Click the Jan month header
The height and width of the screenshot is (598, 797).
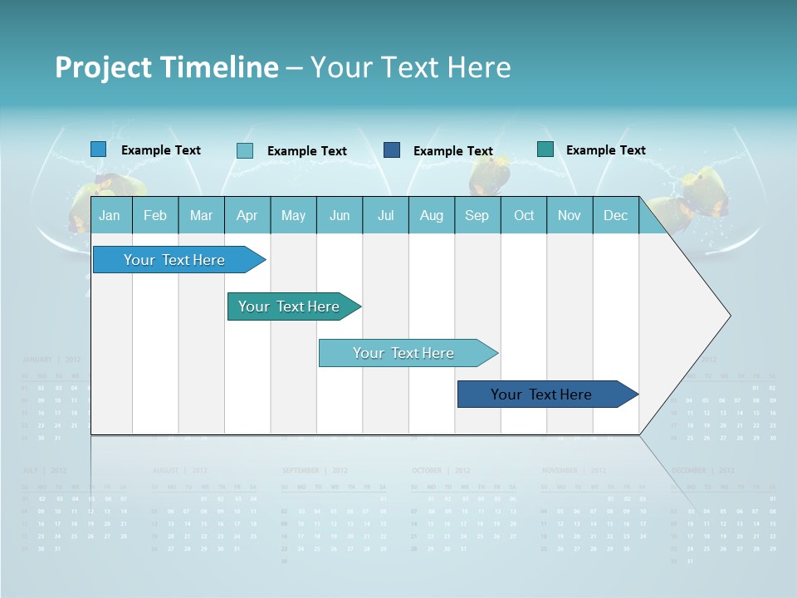click(x=110, y=216)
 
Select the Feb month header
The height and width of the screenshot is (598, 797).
click(x=155, y=216)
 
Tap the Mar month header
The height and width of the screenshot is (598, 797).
click(x=201, y=216)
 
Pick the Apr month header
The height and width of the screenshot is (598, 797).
click(x=247, y=216)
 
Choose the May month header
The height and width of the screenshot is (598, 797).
click(x=293, y=216)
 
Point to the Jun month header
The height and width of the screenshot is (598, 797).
click(x=340, y=216)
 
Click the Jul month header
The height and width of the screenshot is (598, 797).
click(x=385, y=216)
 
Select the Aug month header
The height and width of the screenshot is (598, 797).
click(x=432, y=216)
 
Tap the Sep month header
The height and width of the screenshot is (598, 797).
click(x=477, y=216)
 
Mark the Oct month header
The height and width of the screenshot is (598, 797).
click(x=524, y=216)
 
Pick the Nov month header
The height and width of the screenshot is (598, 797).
click(x=570, y=216)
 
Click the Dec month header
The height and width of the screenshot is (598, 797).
click(x=615, y=216)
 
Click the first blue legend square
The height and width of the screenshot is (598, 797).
click(x=99, y=149)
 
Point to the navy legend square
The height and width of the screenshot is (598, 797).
click(x=392, y=150)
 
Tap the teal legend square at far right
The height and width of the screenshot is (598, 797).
click(x=545, y=149)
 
